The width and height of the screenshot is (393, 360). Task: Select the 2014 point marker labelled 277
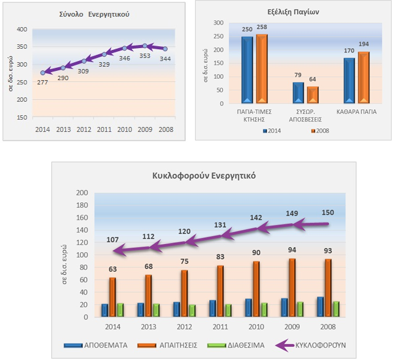[x=43, y=73]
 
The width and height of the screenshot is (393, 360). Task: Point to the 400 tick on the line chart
[x=22, y=30]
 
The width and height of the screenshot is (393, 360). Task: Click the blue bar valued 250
[x=247, y=69]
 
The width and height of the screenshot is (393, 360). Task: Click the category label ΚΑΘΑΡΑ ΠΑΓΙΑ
[x=357, y=113]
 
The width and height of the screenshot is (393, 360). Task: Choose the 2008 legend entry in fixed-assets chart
[x=320, y=131]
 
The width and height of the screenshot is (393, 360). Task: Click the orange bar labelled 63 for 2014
[x=113, y=297]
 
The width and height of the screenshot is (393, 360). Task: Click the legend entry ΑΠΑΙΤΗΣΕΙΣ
[x=175, y=345]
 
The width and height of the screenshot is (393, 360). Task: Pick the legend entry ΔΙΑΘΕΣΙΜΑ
[x=244, y=345]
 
